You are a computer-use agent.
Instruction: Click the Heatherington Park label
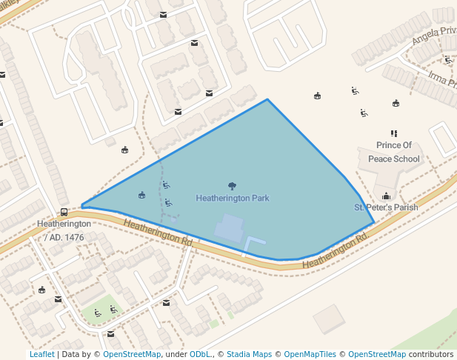tap(233, 199)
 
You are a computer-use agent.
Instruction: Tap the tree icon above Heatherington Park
tap(233, 186)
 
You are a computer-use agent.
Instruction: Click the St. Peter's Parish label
tap(386, 207)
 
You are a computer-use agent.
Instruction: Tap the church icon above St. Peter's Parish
tap(386, 196)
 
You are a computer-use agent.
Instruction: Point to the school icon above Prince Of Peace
tap(394, 134)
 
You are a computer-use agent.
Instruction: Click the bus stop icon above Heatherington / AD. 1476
tap(64, 212)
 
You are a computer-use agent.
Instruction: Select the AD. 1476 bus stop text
tap(64, 237)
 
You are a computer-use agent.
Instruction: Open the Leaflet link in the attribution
tap(41, 354)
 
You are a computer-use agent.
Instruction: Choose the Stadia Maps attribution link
tap(249, 354)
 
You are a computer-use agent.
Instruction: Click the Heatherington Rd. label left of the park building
tap(158, 233)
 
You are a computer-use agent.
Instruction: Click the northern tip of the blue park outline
tap(267, 99)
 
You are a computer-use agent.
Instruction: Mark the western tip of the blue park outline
tap(81, 206)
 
